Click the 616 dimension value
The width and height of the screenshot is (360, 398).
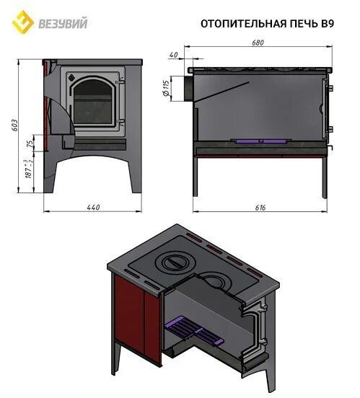point(260,208)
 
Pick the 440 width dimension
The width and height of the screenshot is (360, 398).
point(94,208)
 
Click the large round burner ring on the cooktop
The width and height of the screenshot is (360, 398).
point(175,261)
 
